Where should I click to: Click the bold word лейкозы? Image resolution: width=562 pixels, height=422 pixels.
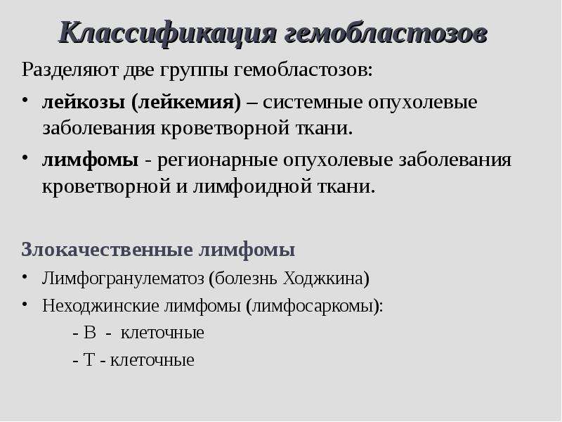pyautogui.click(x=84, y=102)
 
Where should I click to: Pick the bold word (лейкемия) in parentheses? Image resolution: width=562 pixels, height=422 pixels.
pyautogui.click(x=186, y=103)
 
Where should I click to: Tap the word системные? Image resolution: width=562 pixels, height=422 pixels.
pyautogui.click(x=313, y=103)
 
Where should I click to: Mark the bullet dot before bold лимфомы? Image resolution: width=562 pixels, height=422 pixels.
pyautogui.click(x=25, y=157)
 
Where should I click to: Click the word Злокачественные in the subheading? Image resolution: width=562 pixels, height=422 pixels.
pyautogui.click(x=107, y=250)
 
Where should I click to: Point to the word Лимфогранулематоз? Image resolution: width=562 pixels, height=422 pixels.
pyautogui.click(x=123, y=279)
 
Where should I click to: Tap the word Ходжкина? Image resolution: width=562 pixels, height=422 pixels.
pyautogui.click(x=326, y=279)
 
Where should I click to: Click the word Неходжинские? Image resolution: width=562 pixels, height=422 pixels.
pyautogui.click(x=100, y=306)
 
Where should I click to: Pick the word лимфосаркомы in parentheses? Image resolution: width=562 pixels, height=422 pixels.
pyautogui.click(x=312, y=306)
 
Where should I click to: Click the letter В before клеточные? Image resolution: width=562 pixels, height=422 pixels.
pyautogui.click(x=90, y=333)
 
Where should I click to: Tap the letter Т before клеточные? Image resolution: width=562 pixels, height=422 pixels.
pyautogui.click(x=89, y=360)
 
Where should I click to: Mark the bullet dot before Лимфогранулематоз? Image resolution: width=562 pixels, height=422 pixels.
pyautogui.click(x=25, y=276)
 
